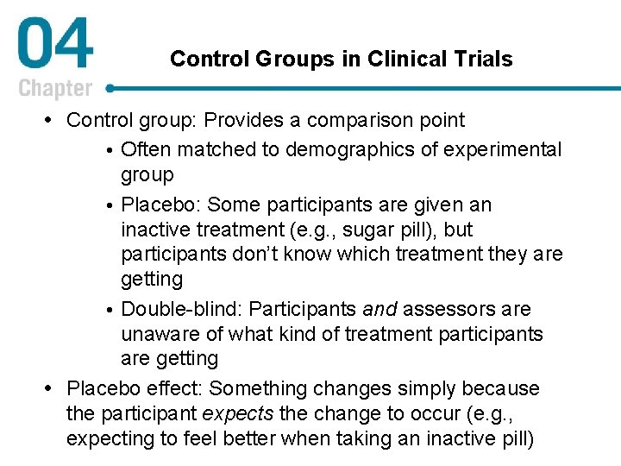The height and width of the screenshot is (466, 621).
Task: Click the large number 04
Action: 55,47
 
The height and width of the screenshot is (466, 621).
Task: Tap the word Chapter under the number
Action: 55,88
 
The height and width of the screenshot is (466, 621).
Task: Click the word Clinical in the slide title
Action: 398,60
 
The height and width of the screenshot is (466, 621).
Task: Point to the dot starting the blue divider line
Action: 110,88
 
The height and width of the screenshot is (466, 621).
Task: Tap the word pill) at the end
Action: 512,439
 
